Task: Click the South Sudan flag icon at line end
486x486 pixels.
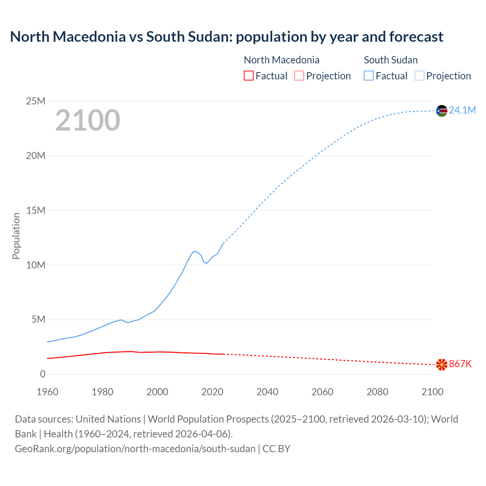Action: (x=442, y=111)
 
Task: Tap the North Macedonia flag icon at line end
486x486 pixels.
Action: (x=442, y=364)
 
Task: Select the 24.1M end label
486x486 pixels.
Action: (x=462, y=110)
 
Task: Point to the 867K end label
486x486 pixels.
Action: (x=460, y=364)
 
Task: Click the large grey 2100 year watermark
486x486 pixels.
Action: (x=88, y=120)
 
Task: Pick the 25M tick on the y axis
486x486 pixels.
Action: (x=36, y=101)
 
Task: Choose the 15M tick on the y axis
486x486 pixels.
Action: (x=36, y=210)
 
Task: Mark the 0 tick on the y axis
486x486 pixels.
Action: (x=43, y=374)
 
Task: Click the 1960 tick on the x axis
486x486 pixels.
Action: (x=47, y=392)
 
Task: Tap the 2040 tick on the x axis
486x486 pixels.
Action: (x=267, y=392)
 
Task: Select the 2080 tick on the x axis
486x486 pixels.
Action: (x=377, y=392)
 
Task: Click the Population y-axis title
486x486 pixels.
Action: (x=16, y=236)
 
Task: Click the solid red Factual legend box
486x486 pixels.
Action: (x=248, y=76)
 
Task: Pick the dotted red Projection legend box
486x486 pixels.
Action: (x=299, y=76)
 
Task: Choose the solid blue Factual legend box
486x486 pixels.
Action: (x=369, y=76)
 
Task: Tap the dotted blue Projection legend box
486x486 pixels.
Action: (x=419, y=76)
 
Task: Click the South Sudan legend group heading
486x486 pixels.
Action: (x=391, y=60)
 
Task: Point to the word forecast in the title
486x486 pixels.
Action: (x=416, y=37)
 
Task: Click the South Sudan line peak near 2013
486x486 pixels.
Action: (x=196, y=251)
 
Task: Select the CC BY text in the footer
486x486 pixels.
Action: (x=276, y=449)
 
